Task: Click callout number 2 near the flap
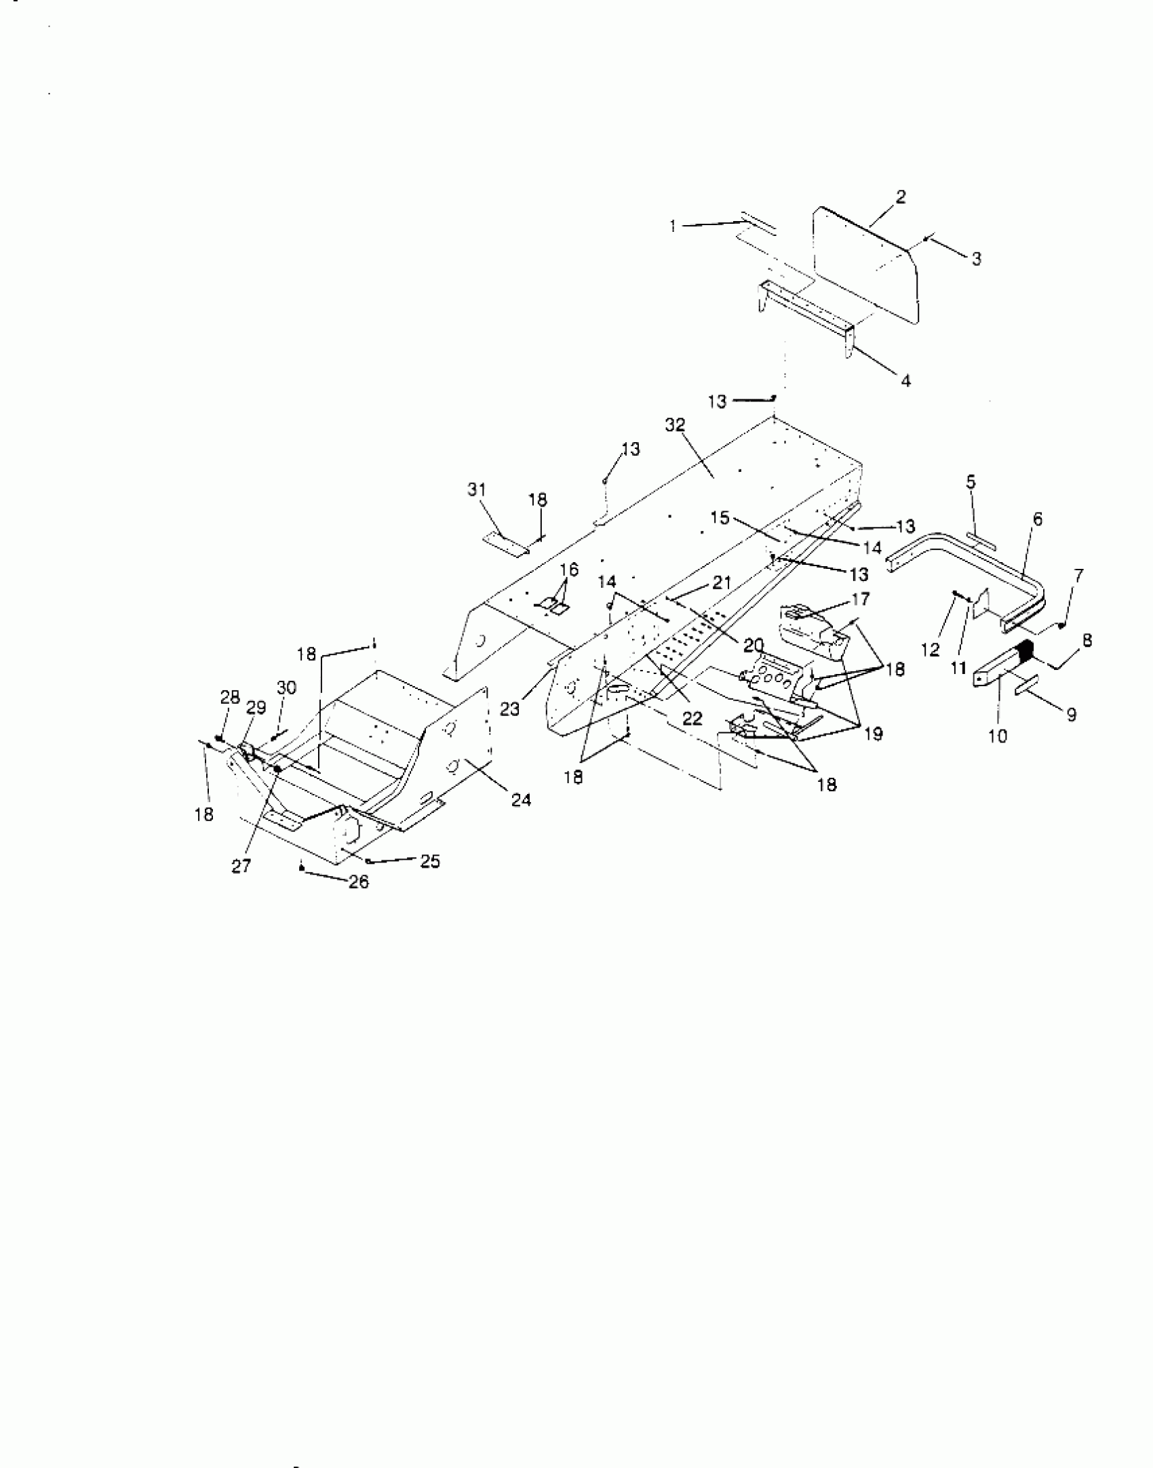coord(900,197)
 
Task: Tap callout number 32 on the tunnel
coord(676,425)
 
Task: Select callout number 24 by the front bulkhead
coord(522,800)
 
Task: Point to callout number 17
coord(861,599)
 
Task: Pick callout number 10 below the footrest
coord(997,736)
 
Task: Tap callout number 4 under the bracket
coord(905,380)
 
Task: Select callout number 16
coord(570,570)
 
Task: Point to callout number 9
coord(1071,715)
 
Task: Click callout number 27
coord(241,866)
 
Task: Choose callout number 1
coord(673,226)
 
